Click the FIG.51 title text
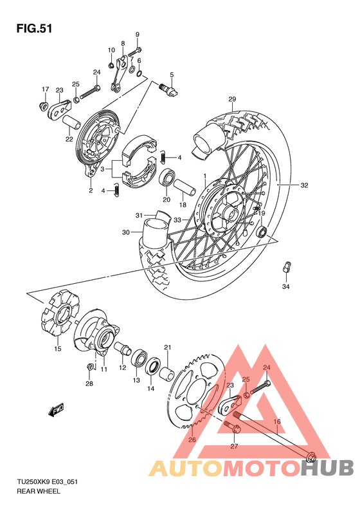[33, 28]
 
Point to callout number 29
[232, 98]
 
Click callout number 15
[57, 349]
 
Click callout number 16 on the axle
[278, 422]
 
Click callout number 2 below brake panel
[91, 190]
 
